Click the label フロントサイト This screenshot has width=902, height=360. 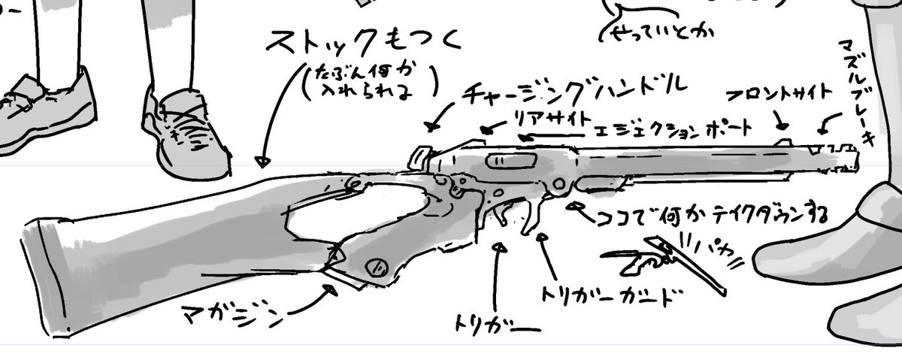tap(782, 94)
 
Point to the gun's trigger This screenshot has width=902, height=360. tap(529, 217)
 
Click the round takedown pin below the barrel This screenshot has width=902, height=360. tap(558, 184)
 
